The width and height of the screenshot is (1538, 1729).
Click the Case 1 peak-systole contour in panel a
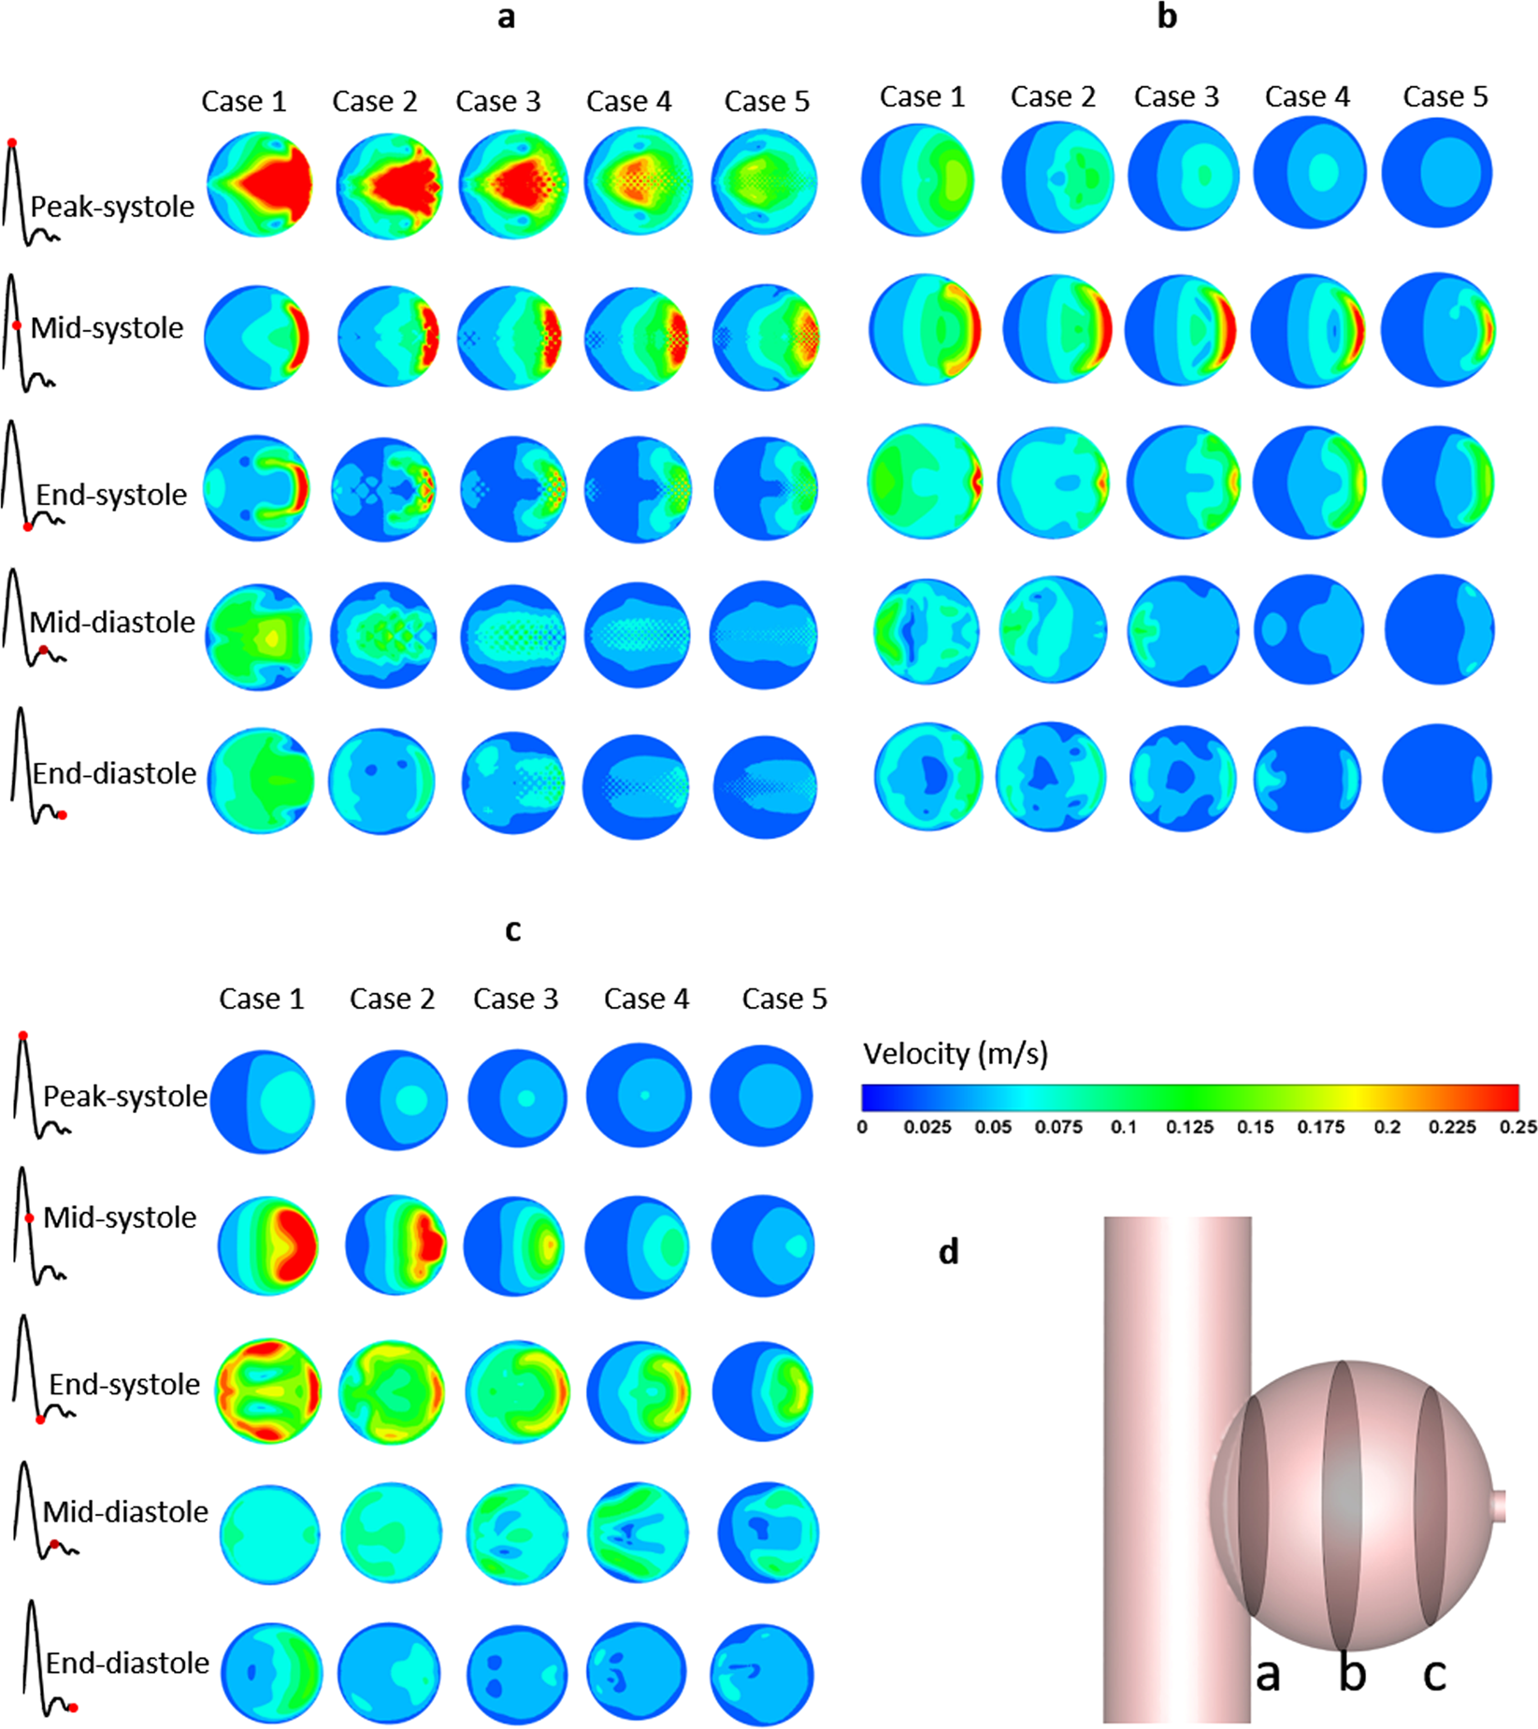[x=260, y=184]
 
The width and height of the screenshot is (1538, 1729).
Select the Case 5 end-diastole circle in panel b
[x=1437, y=778]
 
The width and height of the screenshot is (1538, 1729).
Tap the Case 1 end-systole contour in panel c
[x=268, y=1390]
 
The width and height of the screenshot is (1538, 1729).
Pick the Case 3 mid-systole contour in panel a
[x=511, y=338]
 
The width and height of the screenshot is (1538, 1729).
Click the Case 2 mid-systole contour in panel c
[x=395, y=1246]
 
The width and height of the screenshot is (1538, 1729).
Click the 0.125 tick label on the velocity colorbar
[x=1188, y=1128]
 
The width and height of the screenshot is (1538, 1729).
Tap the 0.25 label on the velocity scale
[x=1517, y=1128]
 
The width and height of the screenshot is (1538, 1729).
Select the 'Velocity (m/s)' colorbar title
[x=955, y=1054]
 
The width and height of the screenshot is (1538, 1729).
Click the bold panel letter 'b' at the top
[x=1167, y=17]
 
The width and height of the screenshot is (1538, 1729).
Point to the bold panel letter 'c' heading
[x=512, y=929]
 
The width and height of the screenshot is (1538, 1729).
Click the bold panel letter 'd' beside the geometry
[x=948, y=1251]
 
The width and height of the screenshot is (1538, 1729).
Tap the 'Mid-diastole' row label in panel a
[x=112, y=622]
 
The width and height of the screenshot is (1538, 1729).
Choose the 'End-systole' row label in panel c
[x=124, y=1384]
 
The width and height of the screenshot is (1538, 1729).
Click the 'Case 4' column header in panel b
[x=1307, y=96]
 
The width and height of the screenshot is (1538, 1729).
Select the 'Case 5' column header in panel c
[x=784, y=999]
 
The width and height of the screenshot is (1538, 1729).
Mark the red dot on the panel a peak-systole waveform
[x=12, y=143]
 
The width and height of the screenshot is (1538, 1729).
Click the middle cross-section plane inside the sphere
[x=1343, y=1506]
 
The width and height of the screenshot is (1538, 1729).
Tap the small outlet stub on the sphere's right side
[x=1500, y=1506]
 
